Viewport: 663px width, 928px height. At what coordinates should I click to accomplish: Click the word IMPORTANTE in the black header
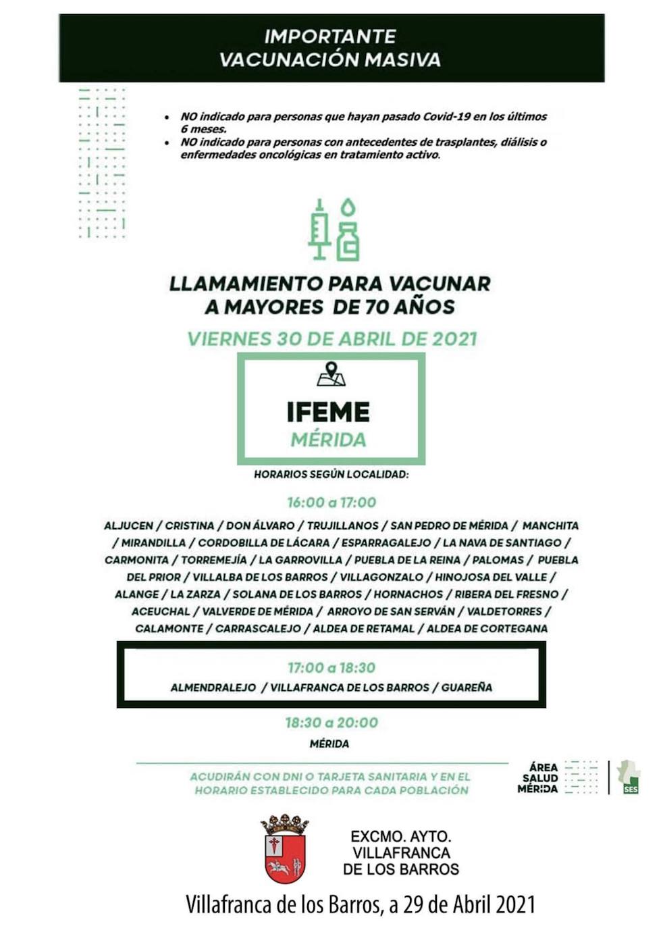[x=329, y=36]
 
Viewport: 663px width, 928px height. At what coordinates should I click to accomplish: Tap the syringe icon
[x=319, y=230]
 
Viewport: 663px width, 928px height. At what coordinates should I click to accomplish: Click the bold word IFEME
[x=328, y=412]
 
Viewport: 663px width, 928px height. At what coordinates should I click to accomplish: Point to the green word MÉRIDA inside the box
[x=328, y=440]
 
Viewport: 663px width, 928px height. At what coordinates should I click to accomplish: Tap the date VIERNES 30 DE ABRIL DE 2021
[x=331, y=338]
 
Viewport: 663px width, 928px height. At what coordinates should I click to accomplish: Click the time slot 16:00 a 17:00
[x=331, y=502]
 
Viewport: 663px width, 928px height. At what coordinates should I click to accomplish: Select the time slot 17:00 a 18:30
[x=331, y=668]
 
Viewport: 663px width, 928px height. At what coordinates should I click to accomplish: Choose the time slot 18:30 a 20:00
[x=331, y=723]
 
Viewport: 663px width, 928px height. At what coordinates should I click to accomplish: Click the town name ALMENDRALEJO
[x=213, y=688]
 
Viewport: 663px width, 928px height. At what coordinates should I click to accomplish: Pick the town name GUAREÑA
[x=467, y=688]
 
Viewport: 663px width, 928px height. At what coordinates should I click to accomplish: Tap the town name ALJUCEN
[x=128, y=525]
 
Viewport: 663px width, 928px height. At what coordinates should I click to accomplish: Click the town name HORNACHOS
[x=408, y=594]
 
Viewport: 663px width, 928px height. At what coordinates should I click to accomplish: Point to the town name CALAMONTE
[x=170, y=629]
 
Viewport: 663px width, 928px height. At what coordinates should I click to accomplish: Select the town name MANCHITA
[x=550, y=525]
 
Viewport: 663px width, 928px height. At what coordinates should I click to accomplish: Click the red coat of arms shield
[x=284, y=855]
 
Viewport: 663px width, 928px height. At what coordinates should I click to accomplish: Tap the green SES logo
[x=629, y=778]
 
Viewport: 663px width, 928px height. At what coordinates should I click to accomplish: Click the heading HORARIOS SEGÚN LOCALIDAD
[x=331, y=475]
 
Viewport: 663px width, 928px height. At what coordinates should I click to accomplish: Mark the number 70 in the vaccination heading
[x=379, y=307]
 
